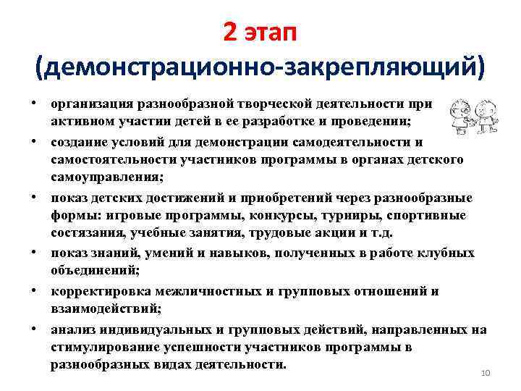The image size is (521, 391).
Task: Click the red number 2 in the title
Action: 230,32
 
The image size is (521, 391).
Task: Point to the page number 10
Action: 486,372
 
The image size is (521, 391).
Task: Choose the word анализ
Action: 71,329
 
